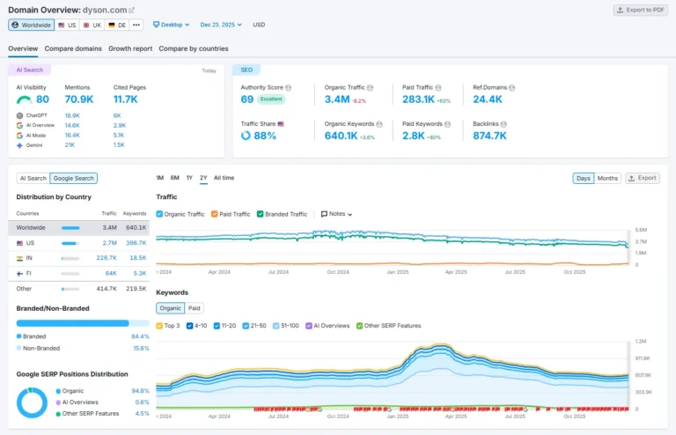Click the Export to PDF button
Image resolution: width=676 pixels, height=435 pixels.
coord(641,10)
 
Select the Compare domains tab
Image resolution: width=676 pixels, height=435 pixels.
coord(73,48)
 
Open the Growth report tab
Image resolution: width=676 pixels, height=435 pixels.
coord(130,48)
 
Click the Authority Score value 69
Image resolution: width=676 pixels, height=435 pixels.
coord(247,100)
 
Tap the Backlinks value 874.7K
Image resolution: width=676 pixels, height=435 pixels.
coord(489,136)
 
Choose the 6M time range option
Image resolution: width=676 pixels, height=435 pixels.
coord(174,178)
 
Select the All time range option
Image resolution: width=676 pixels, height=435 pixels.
coord(224,178)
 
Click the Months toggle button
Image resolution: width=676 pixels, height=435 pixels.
coord(607,178)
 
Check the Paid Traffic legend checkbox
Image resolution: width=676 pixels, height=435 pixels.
coord(214,214)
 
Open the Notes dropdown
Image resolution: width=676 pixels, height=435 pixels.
coord(336,214)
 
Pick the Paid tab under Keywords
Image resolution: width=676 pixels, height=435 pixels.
coord(194,308)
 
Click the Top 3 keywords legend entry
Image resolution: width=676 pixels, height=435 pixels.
coord(170,326)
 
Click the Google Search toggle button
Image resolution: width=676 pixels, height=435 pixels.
coord(73,178)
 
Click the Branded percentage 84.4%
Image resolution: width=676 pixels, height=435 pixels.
coord(139,335)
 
